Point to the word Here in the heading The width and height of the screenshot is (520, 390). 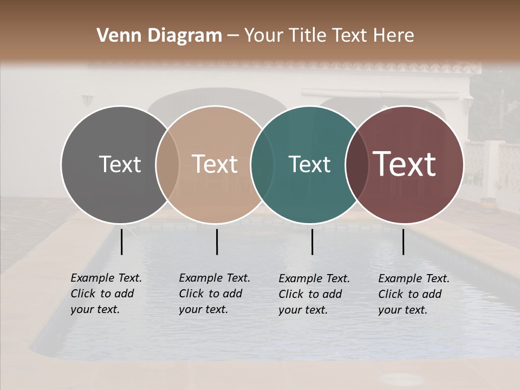pos(395,36)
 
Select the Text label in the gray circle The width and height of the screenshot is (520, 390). pos(120,164)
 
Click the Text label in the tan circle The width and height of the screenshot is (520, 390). pos(215,164)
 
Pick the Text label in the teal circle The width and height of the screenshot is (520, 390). pos(309,164)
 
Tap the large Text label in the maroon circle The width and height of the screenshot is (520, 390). pos(405,164)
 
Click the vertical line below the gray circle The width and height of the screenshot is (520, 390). pos(121,242)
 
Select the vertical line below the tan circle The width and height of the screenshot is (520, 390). pos(217,242)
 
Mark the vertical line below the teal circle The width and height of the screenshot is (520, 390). pos(312,242)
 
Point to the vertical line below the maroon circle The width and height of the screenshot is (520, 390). pos(403,242)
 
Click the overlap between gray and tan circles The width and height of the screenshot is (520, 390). pos(167,164)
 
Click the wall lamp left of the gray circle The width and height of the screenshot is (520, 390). pos(88,101)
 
